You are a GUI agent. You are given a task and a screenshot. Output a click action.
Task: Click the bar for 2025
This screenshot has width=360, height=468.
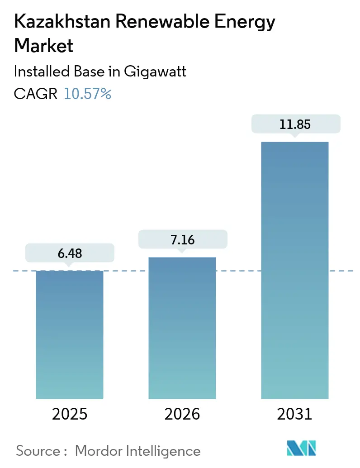70,334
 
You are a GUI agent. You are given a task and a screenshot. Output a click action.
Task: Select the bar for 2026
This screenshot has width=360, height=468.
182,328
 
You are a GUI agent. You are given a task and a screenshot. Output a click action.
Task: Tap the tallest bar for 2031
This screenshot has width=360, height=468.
294,270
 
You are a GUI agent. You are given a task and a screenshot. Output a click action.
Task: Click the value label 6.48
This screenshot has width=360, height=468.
70,253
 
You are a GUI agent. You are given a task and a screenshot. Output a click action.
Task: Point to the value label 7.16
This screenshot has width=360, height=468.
182,239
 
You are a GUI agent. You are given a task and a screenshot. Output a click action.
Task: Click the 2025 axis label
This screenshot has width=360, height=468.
70,414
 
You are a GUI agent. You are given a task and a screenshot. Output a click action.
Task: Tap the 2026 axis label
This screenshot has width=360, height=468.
182,414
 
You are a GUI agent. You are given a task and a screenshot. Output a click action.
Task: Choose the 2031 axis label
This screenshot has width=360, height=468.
294,414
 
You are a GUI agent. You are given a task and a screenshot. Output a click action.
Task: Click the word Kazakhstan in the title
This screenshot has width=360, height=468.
56,22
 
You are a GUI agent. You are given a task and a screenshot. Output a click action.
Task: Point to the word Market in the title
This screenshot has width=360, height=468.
43,45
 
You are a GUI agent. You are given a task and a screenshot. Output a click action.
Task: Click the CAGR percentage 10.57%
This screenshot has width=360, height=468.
87,94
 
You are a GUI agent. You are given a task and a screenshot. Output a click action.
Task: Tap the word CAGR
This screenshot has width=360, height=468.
36,94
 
